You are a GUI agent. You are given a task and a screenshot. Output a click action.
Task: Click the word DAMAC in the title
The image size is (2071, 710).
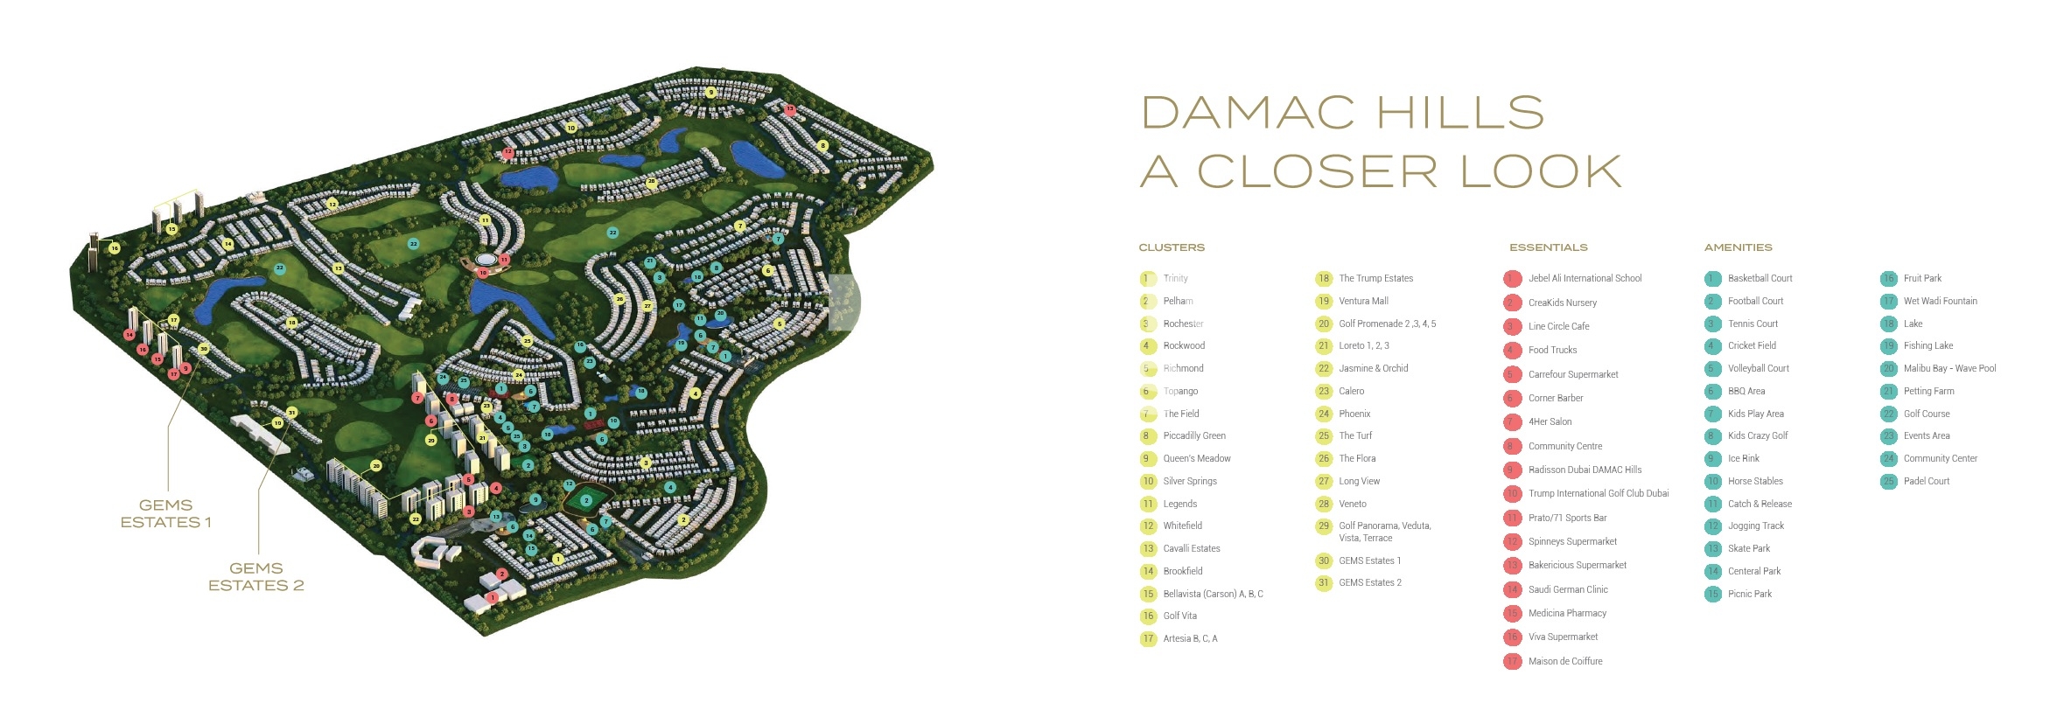tap(1248, 114)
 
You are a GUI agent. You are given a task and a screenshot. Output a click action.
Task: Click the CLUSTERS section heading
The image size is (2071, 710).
tap(1172, 247)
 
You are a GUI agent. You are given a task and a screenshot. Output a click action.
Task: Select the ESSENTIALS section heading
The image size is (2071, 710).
tap(1548, 247)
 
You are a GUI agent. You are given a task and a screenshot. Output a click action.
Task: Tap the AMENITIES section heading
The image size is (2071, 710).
tap(1738, 247)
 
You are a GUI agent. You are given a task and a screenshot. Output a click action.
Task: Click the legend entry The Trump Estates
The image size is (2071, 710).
tap(1375, 278)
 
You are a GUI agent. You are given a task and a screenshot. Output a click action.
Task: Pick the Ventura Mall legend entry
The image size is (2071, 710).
tap(1363, 301)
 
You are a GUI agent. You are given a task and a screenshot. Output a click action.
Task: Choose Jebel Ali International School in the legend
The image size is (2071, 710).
tap(1585, 278)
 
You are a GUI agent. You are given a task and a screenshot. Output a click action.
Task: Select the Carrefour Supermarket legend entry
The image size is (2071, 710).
tap(1572, 374)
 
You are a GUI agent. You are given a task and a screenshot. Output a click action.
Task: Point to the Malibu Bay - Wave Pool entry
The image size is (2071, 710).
tap(1949, 368)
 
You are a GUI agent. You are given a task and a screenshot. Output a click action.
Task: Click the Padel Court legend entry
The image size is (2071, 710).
tap(1926, 481)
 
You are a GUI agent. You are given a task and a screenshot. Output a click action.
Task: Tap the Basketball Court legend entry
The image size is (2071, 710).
tap(1760, 278)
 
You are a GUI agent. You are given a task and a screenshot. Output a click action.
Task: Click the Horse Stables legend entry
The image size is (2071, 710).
tap(1755, 481)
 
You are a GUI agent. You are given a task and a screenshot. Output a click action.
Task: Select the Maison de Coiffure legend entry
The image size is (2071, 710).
tap(1564, 661)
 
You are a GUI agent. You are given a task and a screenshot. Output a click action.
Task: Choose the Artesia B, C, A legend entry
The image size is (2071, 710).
tap(1190, 638)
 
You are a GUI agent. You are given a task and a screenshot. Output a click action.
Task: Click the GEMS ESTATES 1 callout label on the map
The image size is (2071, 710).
tap(165, 513)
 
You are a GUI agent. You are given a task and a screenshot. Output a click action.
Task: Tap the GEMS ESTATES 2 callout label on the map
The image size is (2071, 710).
tap(255, 576)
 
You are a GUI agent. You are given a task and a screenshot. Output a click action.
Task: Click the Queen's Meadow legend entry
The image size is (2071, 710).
tap(1196, 458)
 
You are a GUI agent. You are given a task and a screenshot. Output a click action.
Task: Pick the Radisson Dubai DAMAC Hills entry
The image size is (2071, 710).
tap(1585, 470)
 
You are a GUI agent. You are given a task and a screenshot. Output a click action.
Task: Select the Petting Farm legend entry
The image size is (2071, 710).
tap(1928, 391)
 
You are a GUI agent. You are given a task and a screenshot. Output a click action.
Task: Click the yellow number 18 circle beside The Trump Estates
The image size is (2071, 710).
tap(1324, 278)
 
